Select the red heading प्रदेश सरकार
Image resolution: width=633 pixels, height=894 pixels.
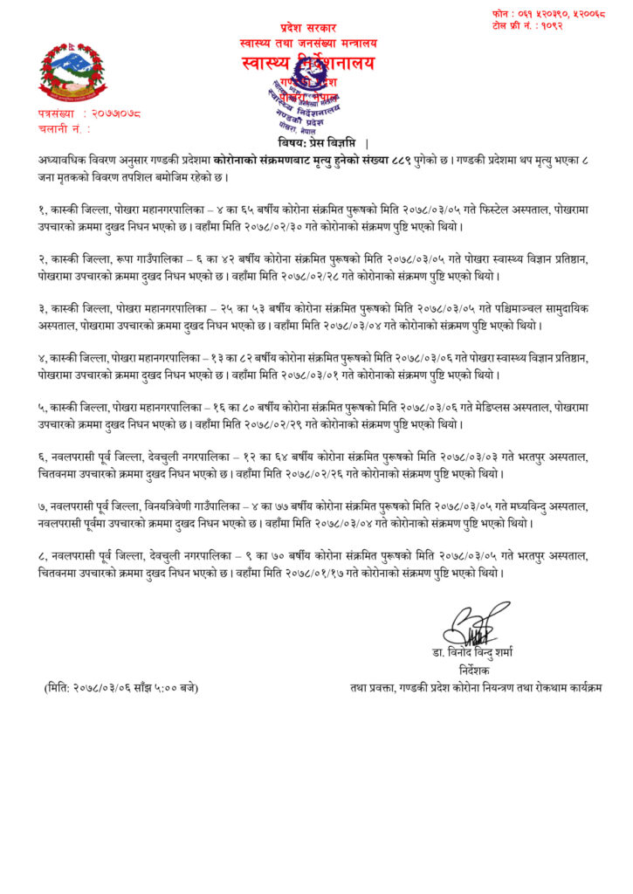click(x=307, y=29)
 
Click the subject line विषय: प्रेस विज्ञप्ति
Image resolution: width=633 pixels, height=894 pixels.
click(x=313, y=143)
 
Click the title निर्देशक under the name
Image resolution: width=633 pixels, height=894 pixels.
click(x=475, y=671)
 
